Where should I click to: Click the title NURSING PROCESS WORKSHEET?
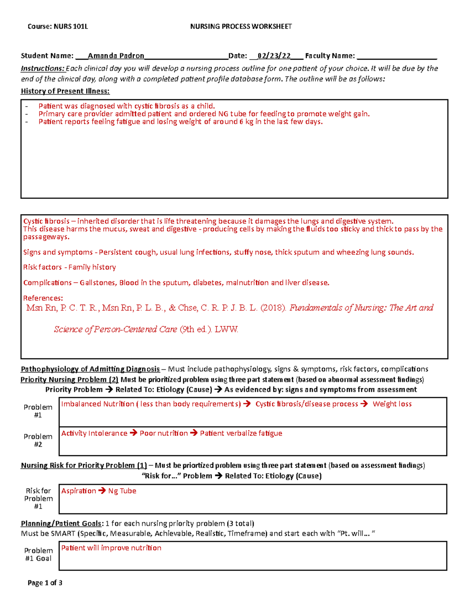click(241, 27)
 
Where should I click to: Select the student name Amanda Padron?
click(116, 56)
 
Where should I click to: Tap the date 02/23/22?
click(274, 56)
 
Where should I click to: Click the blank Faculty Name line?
click(397, 56)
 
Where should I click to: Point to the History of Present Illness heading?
click(65, 91)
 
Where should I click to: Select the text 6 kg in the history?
click(246, 122)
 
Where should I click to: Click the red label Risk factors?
click(42, 267)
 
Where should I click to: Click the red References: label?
click(43, 298)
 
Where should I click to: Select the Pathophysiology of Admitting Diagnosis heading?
click(90, 369)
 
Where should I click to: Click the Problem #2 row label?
click(38, 440)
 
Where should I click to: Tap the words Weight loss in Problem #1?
click(392, 404)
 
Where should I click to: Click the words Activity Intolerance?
click(94, 433)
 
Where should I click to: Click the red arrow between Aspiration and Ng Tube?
click(102, 491)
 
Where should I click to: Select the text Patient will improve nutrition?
click(111, 548)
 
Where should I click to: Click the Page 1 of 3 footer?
click(45, 583)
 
